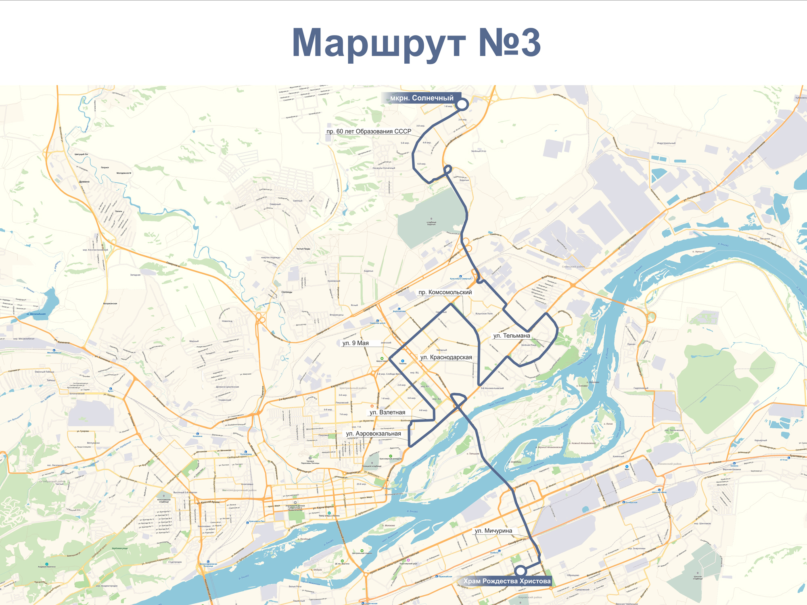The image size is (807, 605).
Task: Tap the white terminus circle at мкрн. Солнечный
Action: point(462,104)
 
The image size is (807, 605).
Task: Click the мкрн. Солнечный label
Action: point(421,98)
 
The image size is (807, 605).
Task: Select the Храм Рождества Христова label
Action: point(506,581)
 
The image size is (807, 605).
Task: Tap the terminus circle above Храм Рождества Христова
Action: point(521,571)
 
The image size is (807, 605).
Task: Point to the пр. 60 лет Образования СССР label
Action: point(368,131)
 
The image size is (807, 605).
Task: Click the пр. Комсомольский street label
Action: point(445,292)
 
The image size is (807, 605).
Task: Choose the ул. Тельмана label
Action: point(511,336)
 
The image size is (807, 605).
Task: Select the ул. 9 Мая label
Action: point(355,343)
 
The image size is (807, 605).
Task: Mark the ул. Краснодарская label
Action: point(446,357)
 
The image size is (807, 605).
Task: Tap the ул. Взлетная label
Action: point(387,412)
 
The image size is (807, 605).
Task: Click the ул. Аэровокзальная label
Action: point(373,434)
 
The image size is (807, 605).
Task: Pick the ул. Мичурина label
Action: point(493,531)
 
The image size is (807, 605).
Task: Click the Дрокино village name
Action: point(84,182)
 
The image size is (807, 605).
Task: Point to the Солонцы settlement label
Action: point(286,292)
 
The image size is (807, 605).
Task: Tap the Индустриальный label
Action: point(666,143)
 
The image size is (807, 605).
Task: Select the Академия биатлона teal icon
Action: point(47,564)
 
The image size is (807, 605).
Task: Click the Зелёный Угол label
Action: point(478,151)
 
